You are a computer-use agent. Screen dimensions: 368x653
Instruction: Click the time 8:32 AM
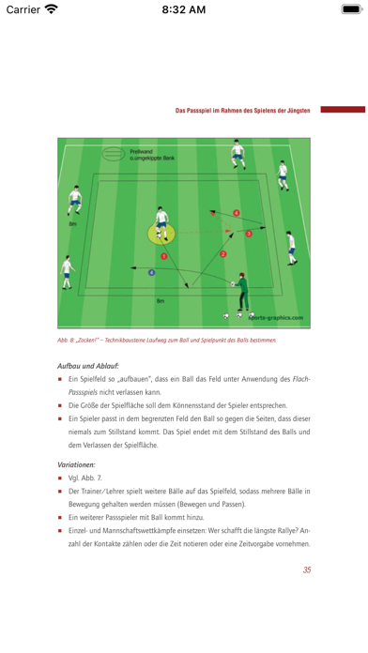coord(183,10)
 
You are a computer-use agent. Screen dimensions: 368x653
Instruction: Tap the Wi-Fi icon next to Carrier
coord(51,10)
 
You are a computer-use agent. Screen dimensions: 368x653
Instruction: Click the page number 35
coord(306,569)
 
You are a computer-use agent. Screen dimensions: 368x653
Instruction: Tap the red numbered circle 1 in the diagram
coord(164,255)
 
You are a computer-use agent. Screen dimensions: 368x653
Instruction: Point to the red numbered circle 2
coord(222,253)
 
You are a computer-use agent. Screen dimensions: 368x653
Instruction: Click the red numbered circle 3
coord(249,233)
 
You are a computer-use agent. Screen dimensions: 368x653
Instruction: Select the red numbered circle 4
coord(236,213)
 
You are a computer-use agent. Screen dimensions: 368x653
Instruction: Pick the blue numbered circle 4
coord(151,272)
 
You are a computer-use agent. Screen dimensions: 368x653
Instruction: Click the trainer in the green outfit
coord(244,290)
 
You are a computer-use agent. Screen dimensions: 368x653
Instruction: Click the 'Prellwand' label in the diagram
coord(142,151)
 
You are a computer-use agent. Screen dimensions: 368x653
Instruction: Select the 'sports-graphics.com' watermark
coord(281,318)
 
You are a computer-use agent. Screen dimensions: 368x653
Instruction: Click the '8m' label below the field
coord(160,300)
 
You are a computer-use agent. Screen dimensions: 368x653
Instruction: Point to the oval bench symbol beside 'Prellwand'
coord(111,154)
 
